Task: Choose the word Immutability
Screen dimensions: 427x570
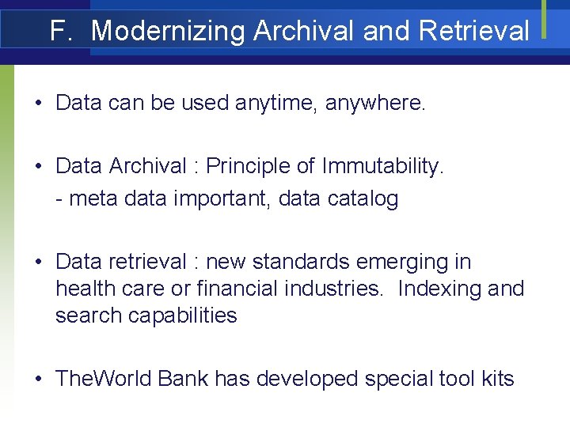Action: tap(383, 166)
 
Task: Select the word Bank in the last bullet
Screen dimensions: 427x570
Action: tap(183, 379)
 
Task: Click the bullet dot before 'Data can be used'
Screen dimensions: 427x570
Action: tap(39, 104)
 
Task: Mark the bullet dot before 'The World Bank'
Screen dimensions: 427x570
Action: tap(39, 380)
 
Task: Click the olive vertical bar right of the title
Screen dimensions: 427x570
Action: tap(545, 19)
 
